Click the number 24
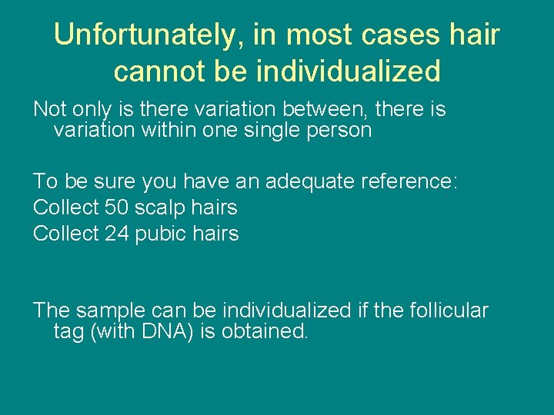coord(117,234)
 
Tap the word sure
coord(115,181)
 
